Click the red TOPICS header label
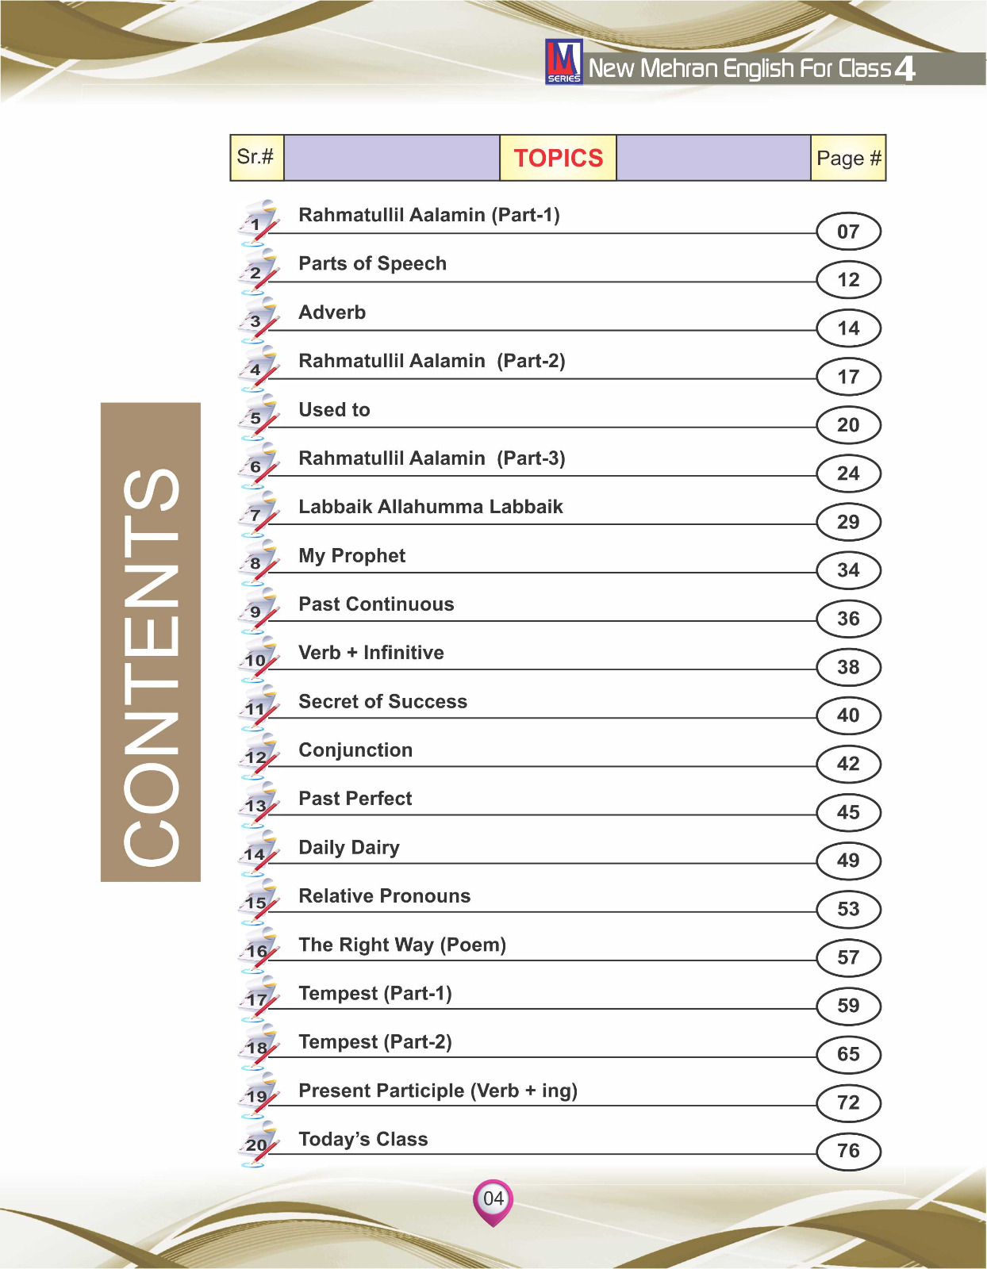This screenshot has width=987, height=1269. point(558,158)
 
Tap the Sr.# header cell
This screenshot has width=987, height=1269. point(255,156)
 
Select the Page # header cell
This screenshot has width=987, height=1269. point(848,158)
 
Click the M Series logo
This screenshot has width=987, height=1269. point(563,62)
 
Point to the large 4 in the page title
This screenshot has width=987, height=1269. point(904,69)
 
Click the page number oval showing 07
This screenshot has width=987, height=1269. point(848,232)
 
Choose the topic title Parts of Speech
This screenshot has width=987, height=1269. point(372,263)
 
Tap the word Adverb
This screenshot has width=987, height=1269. point(332,312)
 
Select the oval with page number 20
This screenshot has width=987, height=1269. point(848,425)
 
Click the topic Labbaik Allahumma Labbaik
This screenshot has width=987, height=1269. point(430,507)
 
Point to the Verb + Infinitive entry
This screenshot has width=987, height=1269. point(371,653)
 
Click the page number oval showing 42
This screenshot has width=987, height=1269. point(848,764)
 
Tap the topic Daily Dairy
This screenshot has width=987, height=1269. point(348,847)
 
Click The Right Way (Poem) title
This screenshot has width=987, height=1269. point(401,945)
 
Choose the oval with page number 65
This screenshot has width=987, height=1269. point(848,1054)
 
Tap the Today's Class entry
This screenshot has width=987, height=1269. point(363,1139)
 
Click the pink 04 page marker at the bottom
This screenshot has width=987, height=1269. point(493,1199)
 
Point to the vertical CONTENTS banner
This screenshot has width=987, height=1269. point(151,642)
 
